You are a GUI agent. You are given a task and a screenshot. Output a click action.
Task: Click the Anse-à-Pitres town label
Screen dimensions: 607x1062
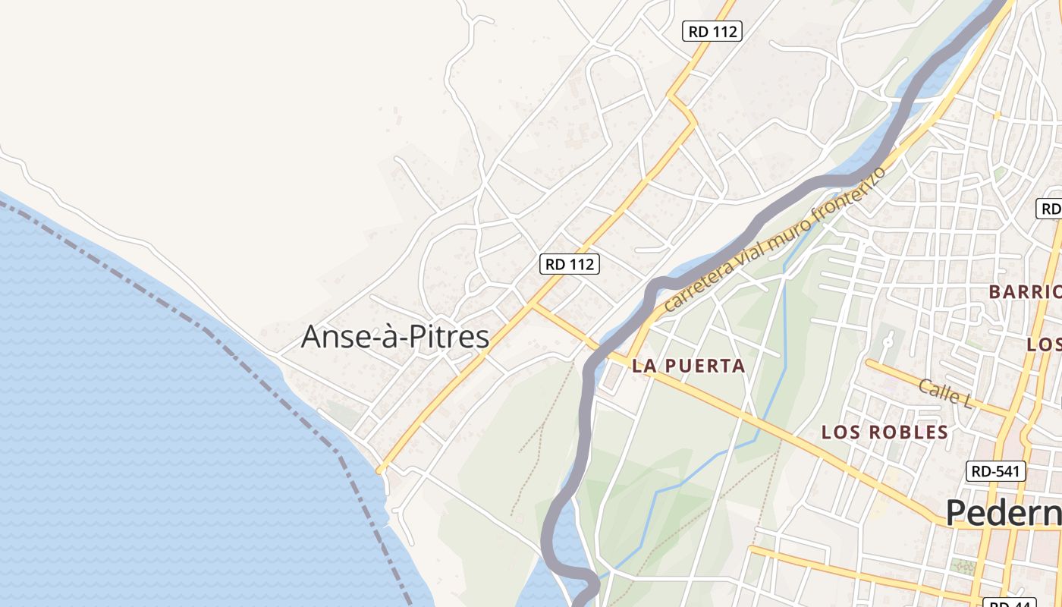394,337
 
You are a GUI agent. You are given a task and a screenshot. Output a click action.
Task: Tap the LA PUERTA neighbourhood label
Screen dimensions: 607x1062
689,366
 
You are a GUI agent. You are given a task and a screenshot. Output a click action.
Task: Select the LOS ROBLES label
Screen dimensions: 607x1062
884,432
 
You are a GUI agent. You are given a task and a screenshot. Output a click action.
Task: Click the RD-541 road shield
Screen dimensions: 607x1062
996,471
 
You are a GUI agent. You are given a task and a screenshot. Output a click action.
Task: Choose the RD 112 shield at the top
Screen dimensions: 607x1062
712,31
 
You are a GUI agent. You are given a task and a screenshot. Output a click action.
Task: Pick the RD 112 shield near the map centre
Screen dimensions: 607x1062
570,264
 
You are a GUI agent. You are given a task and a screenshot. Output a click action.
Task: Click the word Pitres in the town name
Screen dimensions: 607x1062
447,337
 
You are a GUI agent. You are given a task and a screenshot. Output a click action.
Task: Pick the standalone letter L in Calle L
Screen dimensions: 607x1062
966,401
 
